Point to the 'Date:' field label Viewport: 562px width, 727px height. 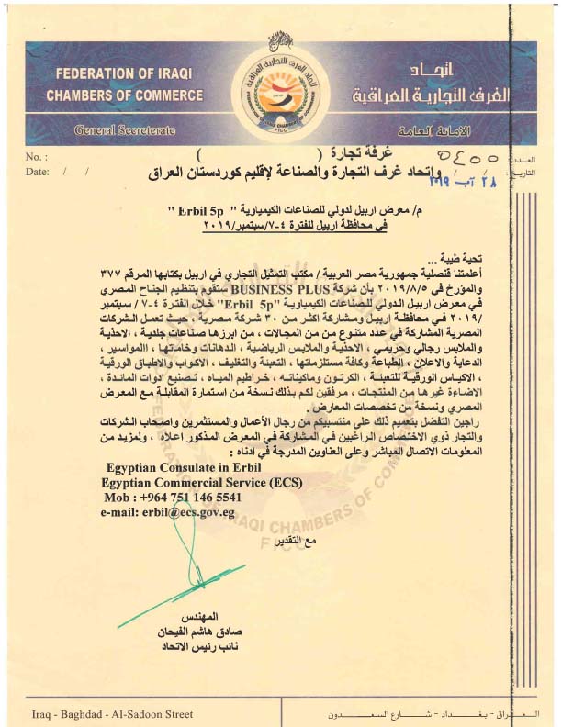[x=39, y=172]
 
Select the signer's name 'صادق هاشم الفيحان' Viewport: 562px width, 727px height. [x=242, y=634]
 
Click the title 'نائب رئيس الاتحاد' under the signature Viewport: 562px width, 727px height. [x=242, y=648]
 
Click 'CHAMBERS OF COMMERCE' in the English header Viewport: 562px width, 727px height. [x=111, y=95]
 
